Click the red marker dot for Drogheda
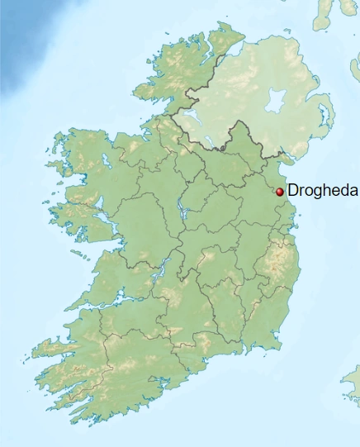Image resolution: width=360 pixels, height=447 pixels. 280,191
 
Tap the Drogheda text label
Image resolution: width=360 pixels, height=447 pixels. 322,190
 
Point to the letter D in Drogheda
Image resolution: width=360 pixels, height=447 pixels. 292,190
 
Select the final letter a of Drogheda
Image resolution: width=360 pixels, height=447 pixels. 353,190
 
